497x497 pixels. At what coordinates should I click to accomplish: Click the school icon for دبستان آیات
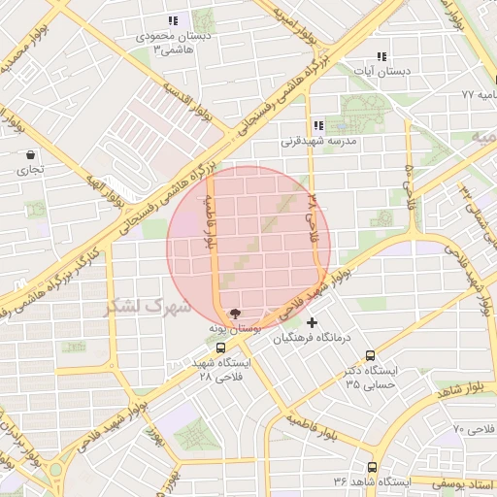point(381,56)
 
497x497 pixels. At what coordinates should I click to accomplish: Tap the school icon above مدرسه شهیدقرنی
point(318,125)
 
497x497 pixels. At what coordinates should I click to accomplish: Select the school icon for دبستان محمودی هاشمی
point(173,20)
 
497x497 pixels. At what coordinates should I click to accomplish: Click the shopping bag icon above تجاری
point(31,154)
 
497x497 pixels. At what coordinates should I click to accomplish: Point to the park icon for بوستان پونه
point(234,314)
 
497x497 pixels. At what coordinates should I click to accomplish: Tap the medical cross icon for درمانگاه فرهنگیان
point(312,322)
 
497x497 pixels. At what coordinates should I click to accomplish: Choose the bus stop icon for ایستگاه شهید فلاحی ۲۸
point(221,347)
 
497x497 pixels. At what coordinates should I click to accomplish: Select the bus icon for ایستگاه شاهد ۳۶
point(372,467)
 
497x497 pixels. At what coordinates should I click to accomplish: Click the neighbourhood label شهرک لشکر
point(137,307)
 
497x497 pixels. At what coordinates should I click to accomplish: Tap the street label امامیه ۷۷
point(480,95)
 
